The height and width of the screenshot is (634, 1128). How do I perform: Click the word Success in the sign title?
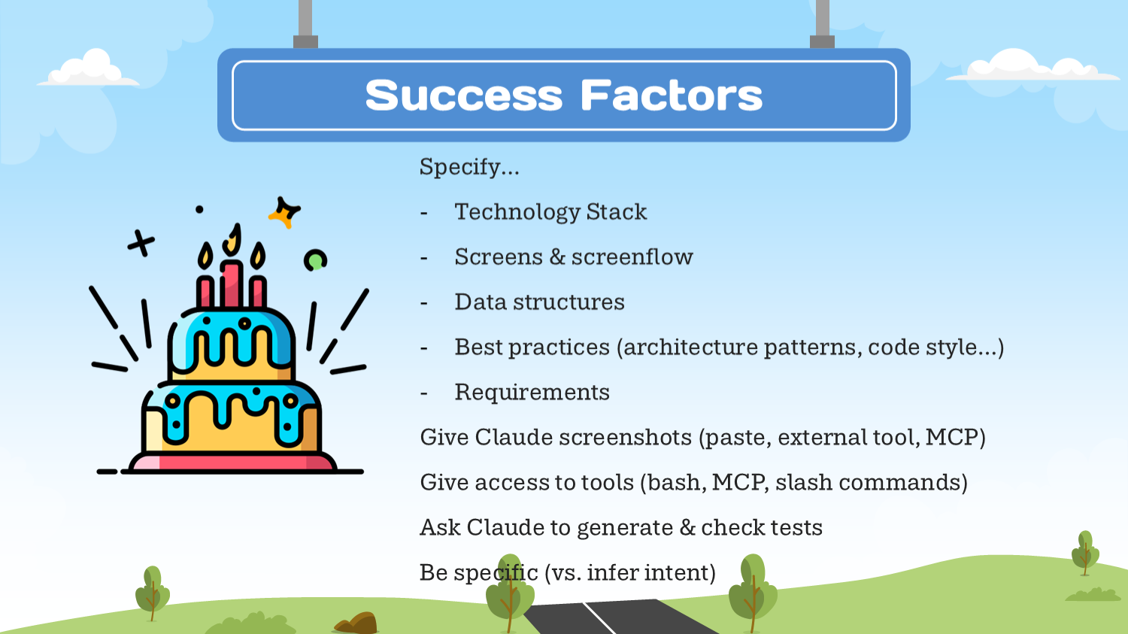coord(463,95)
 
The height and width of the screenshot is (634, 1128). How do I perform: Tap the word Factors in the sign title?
coord(672,95)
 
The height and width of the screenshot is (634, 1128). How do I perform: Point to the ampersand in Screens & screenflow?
coord(557,256)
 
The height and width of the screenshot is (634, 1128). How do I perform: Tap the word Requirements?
coord(532,393)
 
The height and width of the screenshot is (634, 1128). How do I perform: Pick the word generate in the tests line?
coord(624,528)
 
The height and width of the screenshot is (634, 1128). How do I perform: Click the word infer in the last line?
coord(612,572)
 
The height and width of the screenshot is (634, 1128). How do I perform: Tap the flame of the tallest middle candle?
coord(232,240)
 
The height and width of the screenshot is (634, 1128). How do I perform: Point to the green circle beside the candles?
coord(315,260)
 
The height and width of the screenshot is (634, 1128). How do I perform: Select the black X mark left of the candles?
coord(141,244)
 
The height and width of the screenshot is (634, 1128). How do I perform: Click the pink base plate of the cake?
coord(232,463)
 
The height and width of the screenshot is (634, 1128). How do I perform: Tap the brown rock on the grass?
coord(356,623)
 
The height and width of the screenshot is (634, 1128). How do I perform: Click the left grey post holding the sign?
coord(305,23)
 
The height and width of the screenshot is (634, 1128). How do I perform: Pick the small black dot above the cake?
coord(199,210)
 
